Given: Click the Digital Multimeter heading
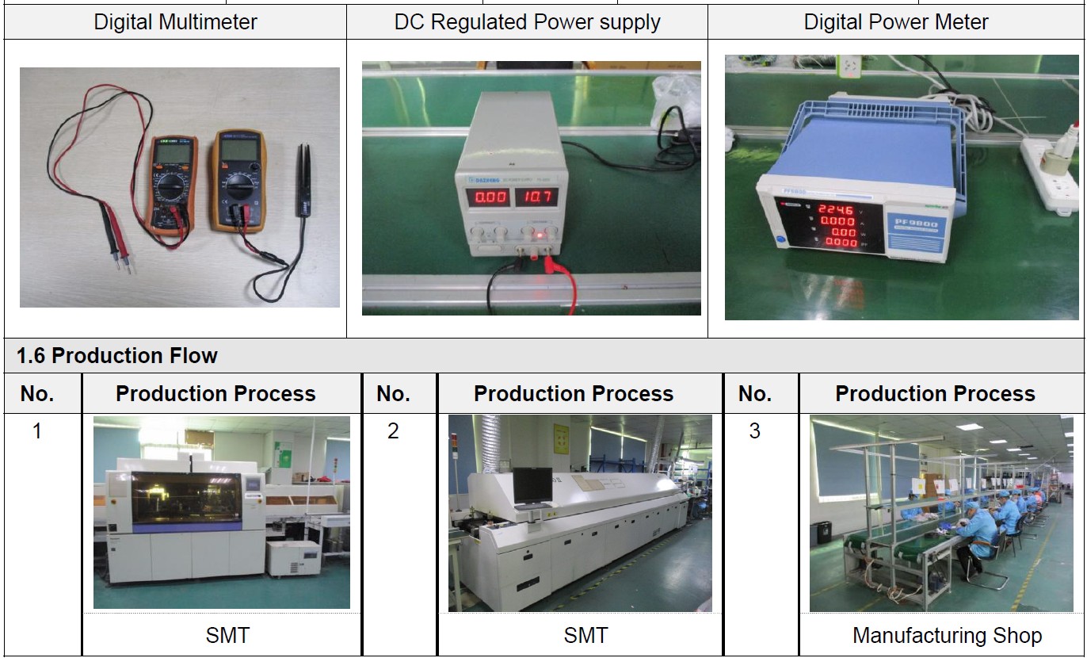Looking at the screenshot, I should coord(175,22).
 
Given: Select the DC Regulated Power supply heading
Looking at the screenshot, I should coord(527,22).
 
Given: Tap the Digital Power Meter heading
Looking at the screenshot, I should coord(896,22).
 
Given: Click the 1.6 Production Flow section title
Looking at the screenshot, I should coord(117,356).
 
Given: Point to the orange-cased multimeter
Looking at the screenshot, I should coord(236,181).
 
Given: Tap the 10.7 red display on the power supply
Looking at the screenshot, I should coord(536,197).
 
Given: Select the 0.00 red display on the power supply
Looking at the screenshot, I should coord(490,197).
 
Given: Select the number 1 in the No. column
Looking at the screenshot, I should coord(36,431).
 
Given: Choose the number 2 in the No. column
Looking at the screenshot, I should coord(393,431).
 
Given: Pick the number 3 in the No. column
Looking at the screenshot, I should coord(754,431).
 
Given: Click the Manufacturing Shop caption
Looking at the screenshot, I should coord(947,636).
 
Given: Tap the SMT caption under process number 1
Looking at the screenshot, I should coord(227,636).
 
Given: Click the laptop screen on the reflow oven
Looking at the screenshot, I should coord(532,485).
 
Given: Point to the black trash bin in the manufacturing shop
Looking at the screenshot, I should coord(824,532).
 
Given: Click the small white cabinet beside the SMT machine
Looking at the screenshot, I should coord(293,558).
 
